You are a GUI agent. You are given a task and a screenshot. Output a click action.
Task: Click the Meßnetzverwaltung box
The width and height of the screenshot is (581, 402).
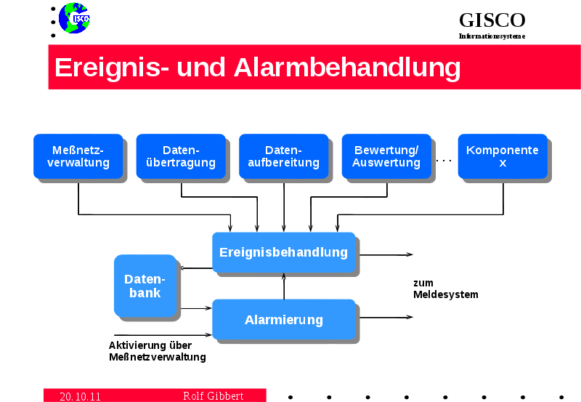click(x=78, y=156)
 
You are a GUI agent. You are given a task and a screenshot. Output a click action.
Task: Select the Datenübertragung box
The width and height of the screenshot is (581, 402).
click(x=180, y=156)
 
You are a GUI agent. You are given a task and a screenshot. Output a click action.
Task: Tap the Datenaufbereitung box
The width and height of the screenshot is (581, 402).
click(x=283, y=156)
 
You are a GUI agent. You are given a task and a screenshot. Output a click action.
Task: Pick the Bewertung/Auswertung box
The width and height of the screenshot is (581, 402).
click(x=386, y=156)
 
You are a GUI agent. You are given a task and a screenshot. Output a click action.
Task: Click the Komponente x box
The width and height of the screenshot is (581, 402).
click(x=503, y=156)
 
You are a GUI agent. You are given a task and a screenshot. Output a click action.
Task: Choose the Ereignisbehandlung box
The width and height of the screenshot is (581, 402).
click(x=283, y=252)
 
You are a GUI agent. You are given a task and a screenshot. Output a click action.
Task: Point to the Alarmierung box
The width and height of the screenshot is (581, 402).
click(x=283, y=319)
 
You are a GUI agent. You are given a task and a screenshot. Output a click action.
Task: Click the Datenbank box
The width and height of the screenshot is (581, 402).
click(x=145, y=286)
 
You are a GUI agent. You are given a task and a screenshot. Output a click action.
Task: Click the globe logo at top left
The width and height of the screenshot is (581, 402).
click(x=74, y=17)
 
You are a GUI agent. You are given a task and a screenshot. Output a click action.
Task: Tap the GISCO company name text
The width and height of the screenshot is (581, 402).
click(x=492, y=20)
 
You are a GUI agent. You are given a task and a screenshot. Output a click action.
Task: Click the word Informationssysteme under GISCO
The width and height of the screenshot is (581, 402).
click(x=492, y=36)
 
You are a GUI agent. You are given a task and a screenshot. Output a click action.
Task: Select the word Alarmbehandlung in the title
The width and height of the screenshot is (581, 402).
click(x=347, y=67)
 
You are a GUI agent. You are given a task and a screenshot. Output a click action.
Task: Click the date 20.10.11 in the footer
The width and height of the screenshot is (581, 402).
click(x=80, y=396)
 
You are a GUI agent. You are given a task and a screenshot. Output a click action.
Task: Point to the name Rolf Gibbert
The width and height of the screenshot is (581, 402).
click(x=213, y=396)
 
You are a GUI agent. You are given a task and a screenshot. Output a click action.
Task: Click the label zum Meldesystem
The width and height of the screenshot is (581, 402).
click(x=445, y=289)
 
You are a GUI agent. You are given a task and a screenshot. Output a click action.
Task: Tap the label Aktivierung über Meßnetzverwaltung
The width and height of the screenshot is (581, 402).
click(x=157, y=351)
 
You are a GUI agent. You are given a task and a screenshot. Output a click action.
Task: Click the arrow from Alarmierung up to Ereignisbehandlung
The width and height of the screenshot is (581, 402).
click(x=284, y=286)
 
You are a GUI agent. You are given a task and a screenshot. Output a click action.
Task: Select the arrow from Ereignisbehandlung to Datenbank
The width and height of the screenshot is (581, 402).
click(x=195, y=268)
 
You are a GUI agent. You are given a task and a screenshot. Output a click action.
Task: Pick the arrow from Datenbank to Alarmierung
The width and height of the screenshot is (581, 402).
click(x=195, y=308)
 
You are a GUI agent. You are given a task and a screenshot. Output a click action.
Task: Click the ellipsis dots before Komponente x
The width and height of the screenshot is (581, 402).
click(x=444, y=159)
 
